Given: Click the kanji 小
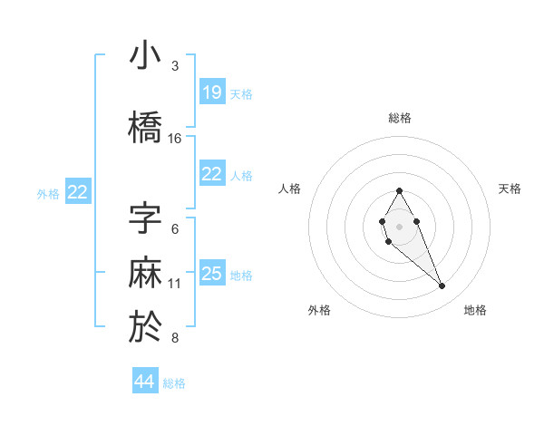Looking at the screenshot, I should [145, 56].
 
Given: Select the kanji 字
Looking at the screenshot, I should [145, 218].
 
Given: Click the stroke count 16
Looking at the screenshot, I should [175, 139].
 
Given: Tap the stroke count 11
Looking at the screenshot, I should [175, 284].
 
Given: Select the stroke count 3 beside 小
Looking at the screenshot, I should [175, 66].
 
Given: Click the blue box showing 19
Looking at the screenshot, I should [211, 92].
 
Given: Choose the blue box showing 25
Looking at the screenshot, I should [211, 274].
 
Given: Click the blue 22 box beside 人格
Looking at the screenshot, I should [211, 174].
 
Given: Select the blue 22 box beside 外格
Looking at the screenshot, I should [78, 192].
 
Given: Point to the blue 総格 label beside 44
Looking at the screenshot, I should [174, 383].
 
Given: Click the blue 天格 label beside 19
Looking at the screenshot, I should [241, 93].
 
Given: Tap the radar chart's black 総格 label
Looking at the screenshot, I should [399, 118].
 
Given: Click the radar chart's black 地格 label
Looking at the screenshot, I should [475, 310].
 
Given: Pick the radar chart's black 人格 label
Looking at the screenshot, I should [289, 189].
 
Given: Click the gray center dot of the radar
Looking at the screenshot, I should [399, 226].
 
